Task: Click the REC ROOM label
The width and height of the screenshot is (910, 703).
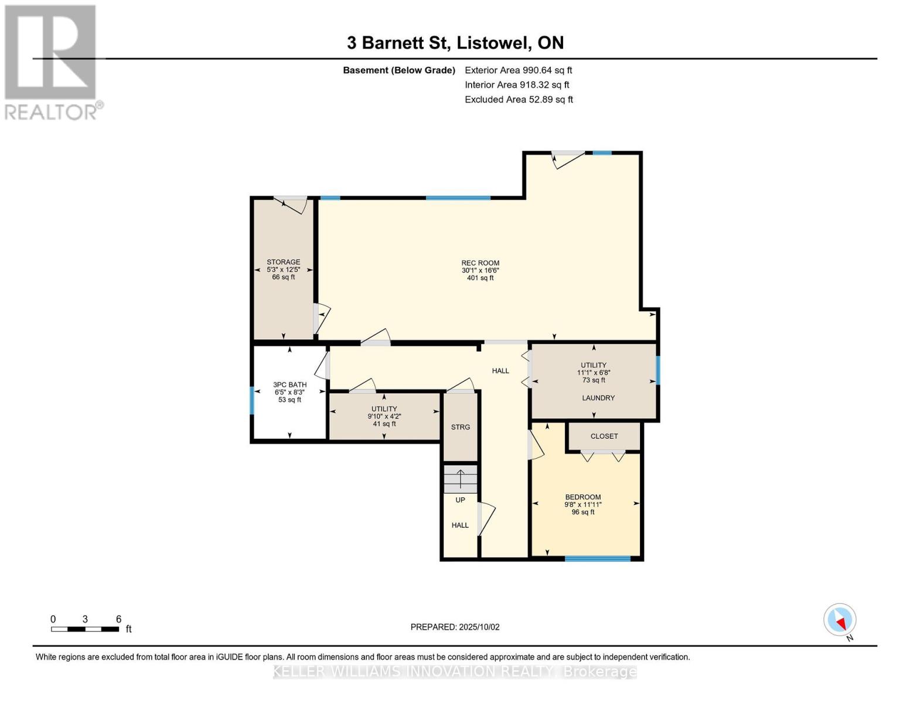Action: tap(480, 263)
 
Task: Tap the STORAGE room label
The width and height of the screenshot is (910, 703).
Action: tap(284, 262)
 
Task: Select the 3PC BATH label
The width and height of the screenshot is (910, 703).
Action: tap(290, 384)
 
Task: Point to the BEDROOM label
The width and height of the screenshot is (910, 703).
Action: tap(583, 497)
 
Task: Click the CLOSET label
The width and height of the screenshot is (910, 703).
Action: tap(604, 436)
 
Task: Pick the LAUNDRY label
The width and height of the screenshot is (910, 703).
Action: tap(598, 398)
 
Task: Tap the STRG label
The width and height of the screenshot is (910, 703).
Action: tap(461, 427)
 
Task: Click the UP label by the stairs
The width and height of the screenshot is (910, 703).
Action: tap(460, 500)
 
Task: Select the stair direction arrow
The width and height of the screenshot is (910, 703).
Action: tap(461, 479)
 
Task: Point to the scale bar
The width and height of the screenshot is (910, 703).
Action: tap(85, 629)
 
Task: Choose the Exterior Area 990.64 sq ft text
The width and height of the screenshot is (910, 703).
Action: tap(519, 70)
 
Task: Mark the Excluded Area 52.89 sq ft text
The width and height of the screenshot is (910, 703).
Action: tap(519, 100)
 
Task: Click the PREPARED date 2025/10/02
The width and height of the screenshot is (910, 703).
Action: tap(455, 627)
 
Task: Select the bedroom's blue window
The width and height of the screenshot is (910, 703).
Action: tap(598, 558)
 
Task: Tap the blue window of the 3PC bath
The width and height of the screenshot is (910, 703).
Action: tap(252, 400)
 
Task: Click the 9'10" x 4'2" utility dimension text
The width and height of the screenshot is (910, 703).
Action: tap(384, 416)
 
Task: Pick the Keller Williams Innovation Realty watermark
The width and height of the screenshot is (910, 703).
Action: tap(455, 671)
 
